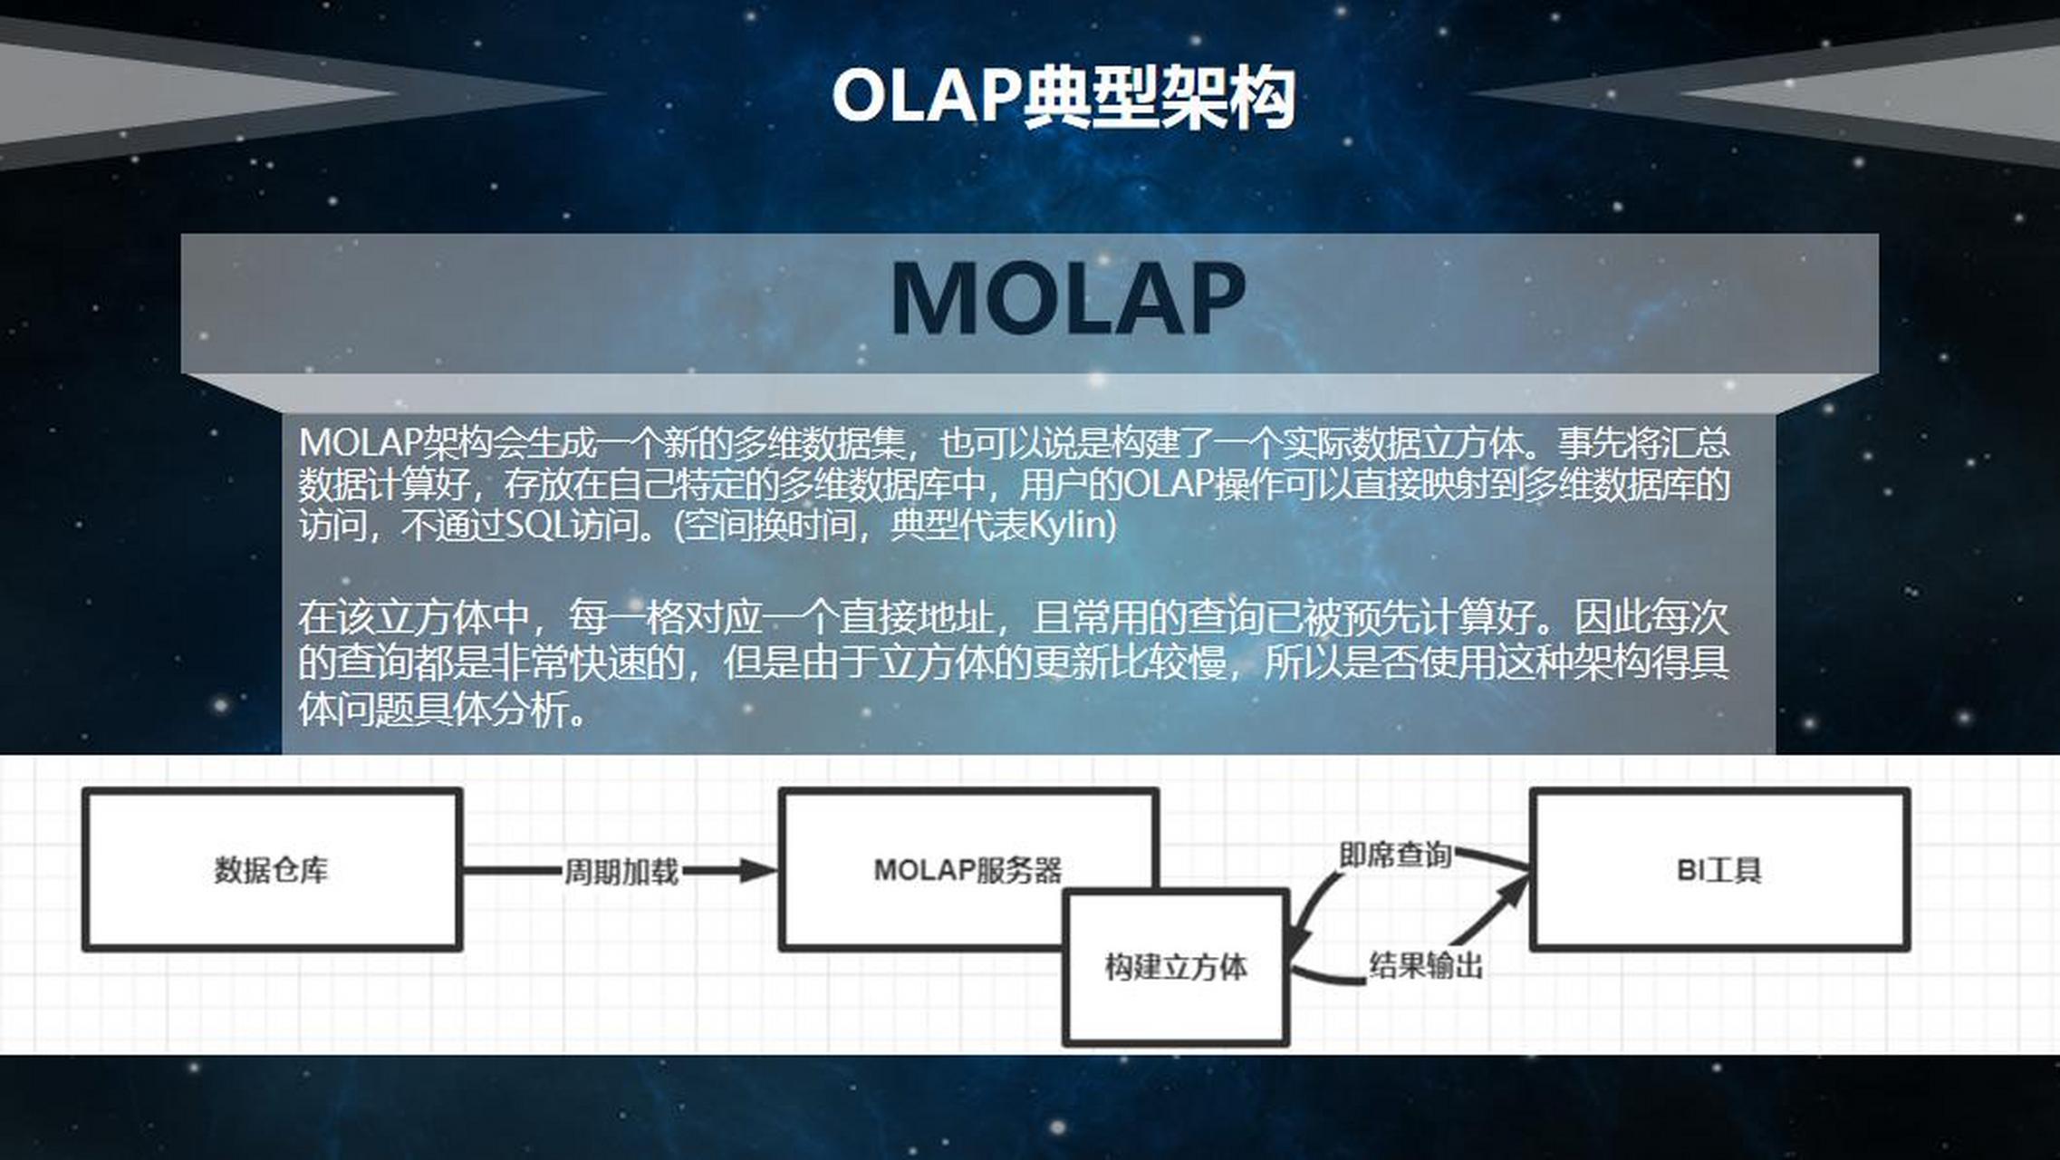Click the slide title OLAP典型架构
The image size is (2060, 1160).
tap(1064, 97)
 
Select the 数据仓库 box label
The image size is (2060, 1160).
tap(271, 870)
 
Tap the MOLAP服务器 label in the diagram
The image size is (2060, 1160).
tap(967, 870)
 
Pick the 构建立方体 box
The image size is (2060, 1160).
tap(1176, 967)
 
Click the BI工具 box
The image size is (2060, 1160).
tap(1718, 870)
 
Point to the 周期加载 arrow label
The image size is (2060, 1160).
tap(621, 872)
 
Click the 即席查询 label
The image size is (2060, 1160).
tap(1395, 855)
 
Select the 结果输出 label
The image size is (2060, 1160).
tap(1425, 965)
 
